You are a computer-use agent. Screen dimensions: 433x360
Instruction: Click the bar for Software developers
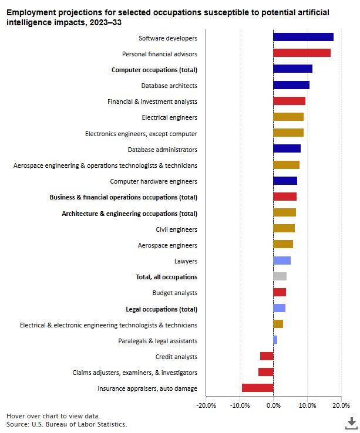pyautogui.click(x=303, y=37)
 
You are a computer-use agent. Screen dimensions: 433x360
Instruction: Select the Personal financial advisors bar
pyautogui.click(x=302, y=53)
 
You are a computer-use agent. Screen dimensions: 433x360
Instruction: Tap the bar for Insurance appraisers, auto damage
pyautogui.click(x=257, y=388)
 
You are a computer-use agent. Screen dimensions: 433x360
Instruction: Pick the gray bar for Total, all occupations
pyautogui.click(x=280, y=276)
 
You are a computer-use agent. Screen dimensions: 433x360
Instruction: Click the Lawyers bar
pyautogui.click(x=282, y=261)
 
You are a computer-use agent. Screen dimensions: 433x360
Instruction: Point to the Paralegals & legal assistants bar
pyautogui.click(x=275, y=340)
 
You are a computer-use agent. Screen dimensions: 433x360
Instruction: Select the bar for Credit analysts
pyautogui.click(x=267, y=356)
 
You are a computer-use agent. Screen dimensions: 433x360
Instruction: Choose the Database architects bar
pyautogui.click(x=291, y=85)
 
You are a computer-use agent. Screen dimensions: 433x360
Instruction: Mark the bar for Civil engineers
pyautogui.click(x=284, y=228)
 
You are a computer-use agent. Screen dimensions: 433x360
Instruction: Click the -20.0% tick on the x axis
pyautogui.click(x=206, y=405)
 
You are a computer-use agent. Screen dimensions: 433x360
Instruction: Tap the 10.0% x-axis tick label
pyautogui.click(x=307, y=405)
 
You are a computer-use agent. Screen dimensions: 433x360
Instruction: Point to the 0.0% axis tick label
pyautogui.click(x=273, y=405)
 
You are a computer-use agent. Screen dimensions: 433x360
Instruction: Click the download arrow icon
pyautogui.click(x=351, y=422)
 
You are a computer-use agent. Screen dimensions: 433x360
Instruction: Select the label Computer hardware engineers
pyautogui.click(x=153, y=181)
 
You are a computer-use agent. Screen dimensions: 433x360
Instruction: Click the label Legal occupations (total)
pyautogui.click(x=162, y=309)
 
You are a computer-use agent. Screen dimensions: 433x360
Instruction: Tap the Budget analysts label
pyautogui.click(x=174, y=293)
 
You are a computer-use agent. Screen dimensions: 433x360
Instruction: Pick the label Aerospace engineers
pyautogui.click(x=167, y=245)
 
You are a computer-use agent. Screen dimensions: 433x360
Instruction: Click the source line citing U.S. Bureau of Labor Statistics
pyautogui.click(x=66, y=424)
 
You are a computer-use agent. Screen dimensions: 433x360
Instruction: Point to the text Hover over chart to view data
pyautogui.click(x=53, y=415)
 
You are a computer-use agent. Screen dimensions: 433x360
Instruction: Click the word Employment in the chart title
pyautogui.click(x=29, y=12)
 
